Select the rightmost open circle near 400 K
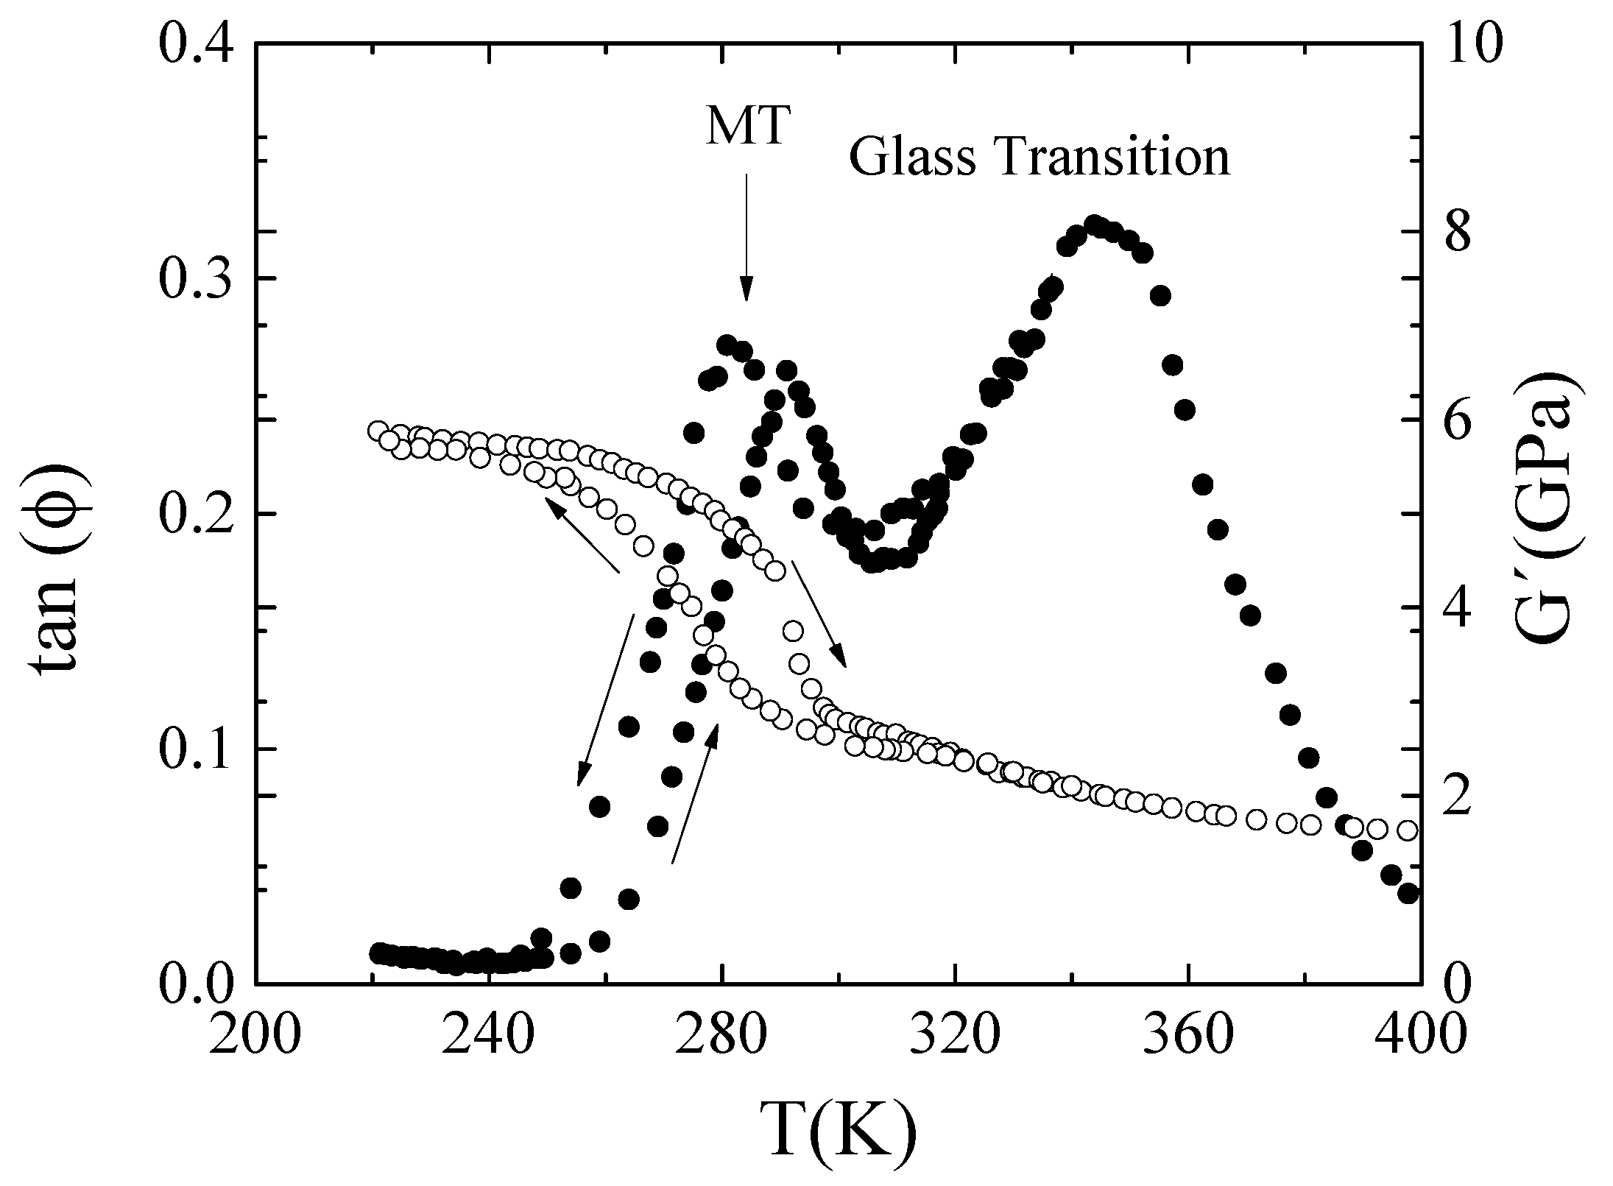1407,830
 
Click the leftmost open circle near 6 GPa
378,431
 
